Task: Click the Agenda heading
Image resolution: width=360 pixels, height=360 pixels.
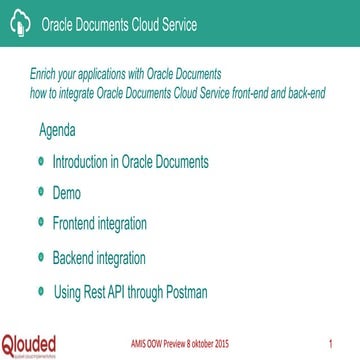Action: (x=57, y=133)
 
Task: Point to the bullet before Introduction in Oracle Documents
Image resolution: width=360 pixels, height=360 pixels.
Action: (x=40, y=160)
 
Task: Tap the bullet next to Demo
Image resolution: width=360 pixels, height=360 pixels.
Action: (x=40, y=189)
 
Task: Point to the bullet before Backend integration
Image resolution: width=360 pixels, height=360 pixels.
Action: (x=40, y=256)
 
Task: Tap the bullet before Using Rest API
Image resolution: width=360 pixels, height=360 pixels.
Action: (x=40, y=291)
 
